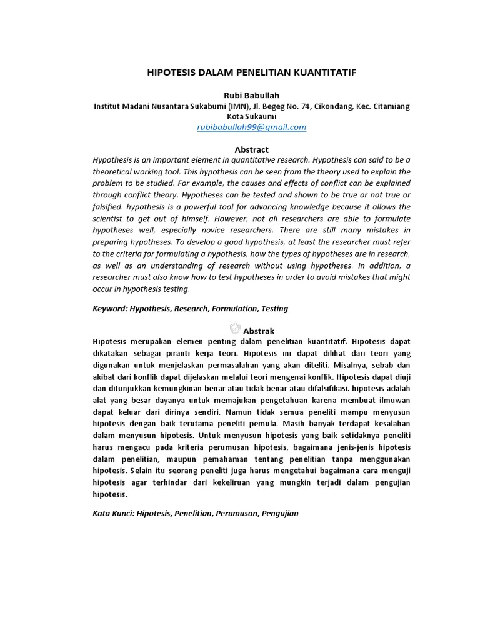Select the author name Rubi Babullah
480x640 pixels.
click(251, 95)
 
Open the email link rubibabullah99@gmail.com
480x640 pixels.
click(251, 127)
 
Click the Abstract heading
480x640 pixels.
click(251, 149)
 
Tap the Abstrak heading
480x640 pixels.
click(259, 331)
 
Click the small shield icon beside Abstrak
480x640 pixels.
click(234, 329)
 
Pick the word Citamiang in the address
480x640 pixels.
click(391, 106)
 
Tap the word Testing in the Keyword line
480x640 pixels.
click(274, 309)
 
